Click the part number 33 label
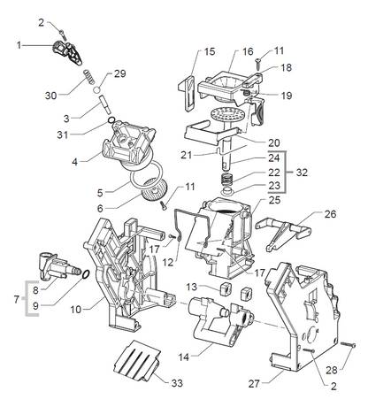pos(177,383)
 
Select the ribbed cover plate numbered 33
pos(137,360)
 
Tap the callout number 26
pos(330,214)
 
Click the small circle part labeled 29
pos(98,88)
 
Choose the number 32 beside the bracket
pos(302,173)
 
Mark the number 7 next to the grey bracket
pos(17,299)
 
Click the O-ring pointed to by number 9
pos(85,274)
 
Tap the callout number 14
pos(183,357)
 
